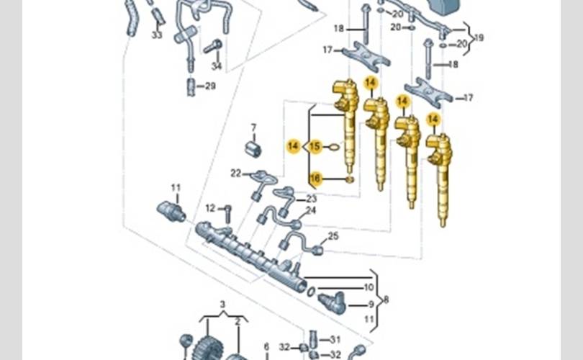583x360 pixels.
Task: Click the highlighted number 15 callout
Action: tap(315, 147)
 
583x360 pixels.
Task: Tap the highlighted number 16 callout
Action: tap(315, 178)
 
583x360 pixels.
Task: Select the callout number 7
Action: tap(253, 128)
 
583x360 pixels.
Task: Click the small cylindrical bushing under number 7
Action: tap(253, 149)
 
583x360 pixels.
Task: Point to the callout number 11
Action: tap(176, 188)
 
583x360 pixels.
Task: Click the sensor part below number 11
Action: tap(171, 211)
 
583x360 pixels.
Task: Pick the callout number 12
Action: tap(210, 208)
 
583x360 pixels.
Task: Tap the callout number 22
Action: tap(235, 173)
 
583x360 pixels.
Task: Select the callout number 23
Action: tap(311, 198)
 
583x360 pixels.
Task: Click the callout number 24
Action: tap(311, 210)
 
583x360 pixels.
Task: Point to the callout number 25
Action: tap(333, 236)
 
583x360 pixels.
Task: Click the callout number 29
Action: tap(210, 86)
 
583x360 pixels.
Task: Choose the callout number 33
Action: tap(157, 35)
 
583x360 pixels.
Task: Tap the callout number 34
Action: tap(217, 66)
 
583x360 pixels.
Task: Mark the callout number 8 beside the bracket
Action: tap(386, 299)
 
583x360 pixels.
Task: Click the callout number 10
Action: tap(369, 287)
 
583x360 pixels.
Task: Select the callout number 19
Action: tap(479, 37)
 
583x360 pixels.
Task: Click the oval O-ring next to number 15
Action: tap(333, 147)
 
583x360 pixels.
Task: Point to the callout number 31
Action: tap(335, 339)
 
